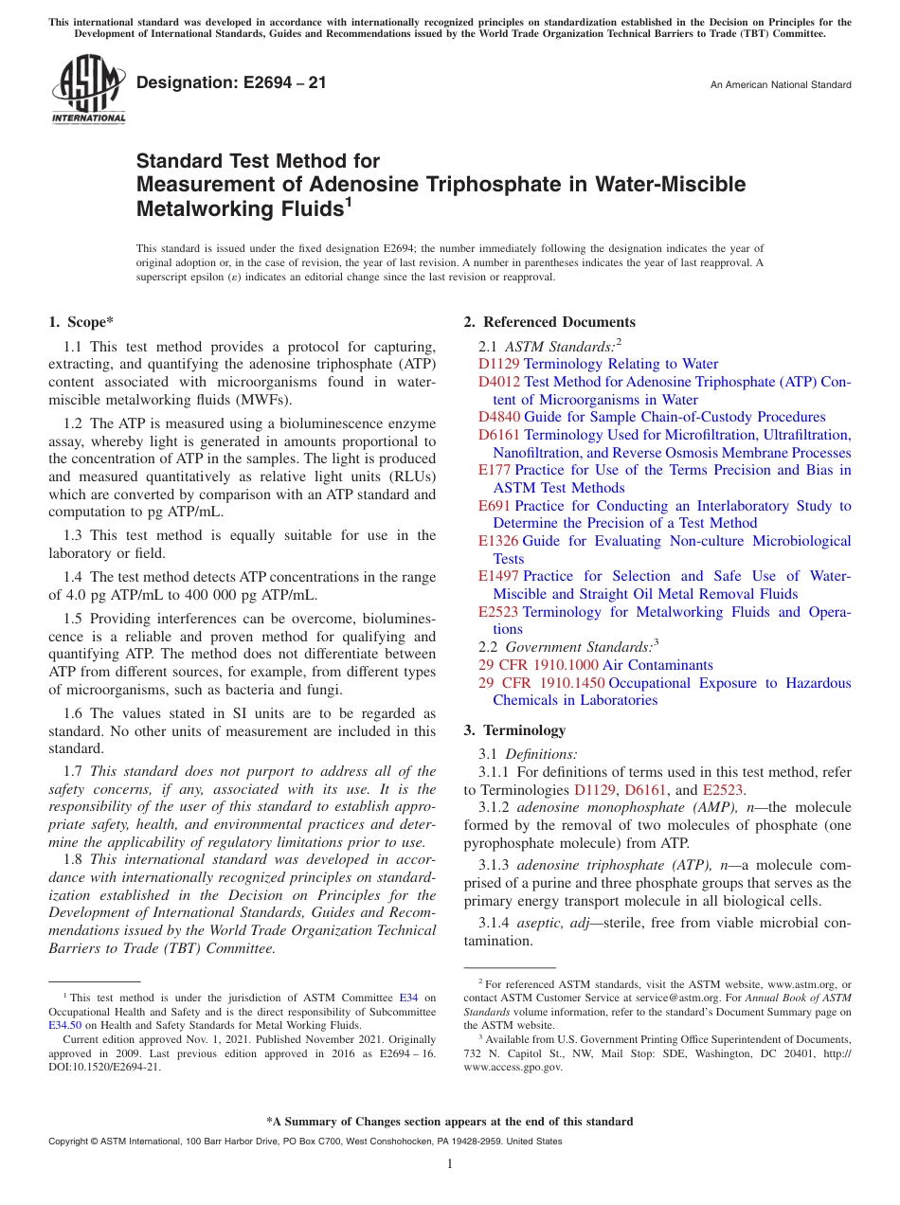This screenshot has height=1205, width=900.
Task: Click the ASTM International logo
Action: (88, 90)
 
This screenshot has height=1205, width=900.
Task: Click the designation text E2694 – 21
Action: (231, 83)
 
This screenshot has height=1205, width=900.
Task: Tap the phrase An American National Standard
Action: (781, 85)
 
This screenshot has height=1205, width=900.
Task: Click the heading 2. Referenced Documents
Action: (549, 322)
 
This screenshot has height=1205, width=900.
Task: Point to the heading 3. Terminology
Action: (514, 730)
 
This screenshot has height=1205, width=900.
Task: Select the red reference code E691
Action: (495, 506)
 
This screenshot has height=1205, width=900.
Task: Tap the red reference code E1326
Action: (498, 541)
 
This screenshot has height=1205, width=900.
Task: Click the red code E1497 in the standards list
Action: (498, 576)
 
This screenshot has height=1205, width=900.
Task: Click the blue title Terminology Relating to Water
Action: (621, 364)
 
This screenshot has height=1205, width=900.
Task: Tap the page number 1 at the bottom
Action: (450, 1164)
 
